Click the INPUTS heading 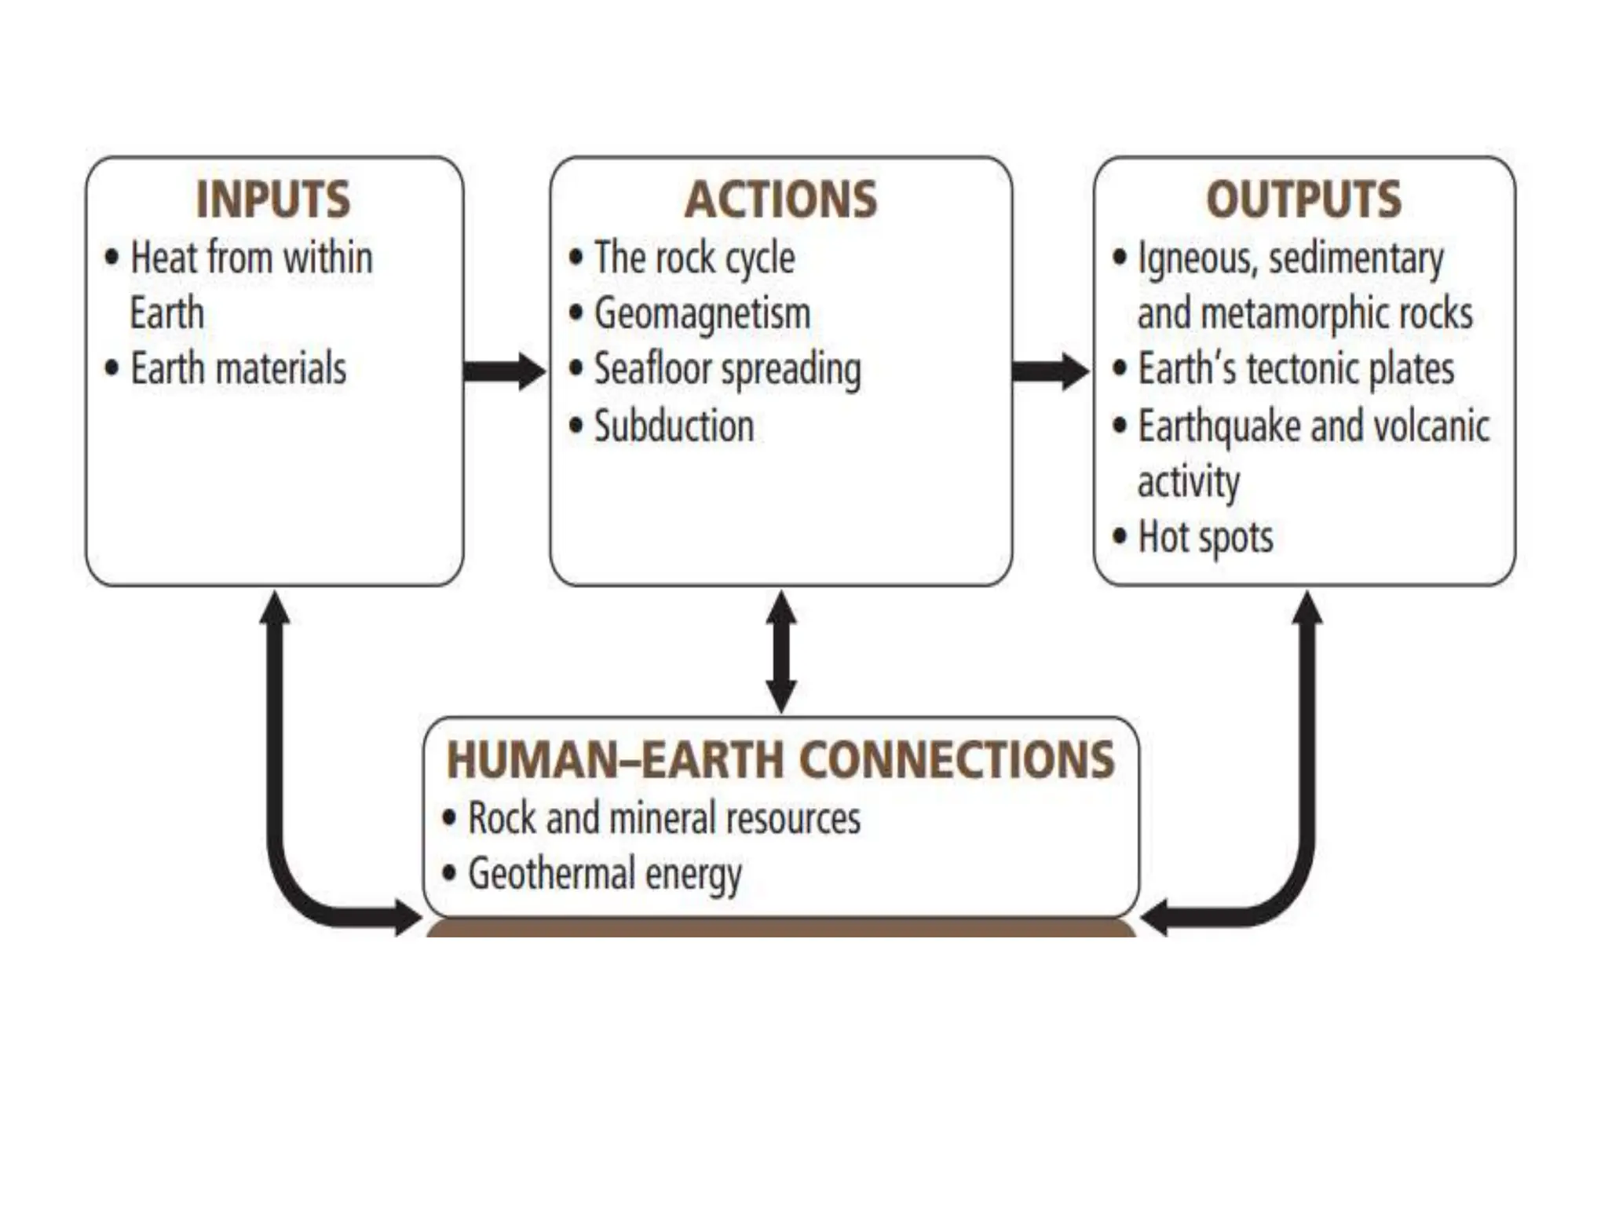[x=272, y=199]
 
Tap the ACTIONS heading [x=780, y=199]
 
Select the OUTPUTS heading [x=1303, y=199]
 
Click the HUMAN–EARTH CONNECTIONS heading [x=780, y=759]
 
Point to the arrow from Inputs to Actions [x=504, y=371]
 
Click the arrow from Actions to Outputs [x=1051, y=371]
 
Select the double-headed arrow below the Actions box [x=781, y=652]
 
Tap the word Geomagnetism [x=702, y=314]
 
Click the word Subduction [x=674, y=426]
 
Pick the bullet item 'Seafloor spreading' [x=727, y=370]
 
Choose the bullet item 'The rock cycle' [x=694, y=258]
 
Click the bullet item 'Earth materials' [x=238, y=368]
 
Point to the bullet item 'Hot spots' [x=1205, y=538]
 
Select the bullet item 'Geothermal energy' [x=604, y=874]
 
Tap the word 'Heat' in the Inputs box [x=164, y=258]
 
